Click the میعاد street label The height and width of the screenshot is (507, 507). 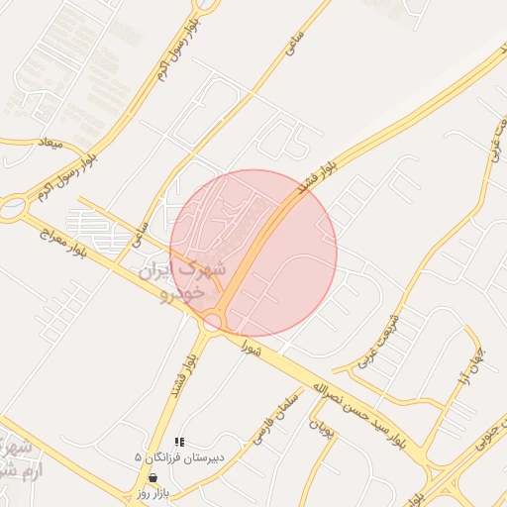pos(49,145)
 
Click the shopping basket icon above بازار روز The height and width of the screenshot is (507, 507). pos(152,477)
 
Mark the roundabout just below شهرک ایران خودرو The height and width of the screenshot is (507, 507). pos(212,321)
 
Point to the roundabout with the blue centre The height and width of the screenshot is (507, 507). pos(13,207)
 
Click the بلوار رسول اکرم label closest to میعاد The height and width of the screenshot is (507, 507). pos(73,168)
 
